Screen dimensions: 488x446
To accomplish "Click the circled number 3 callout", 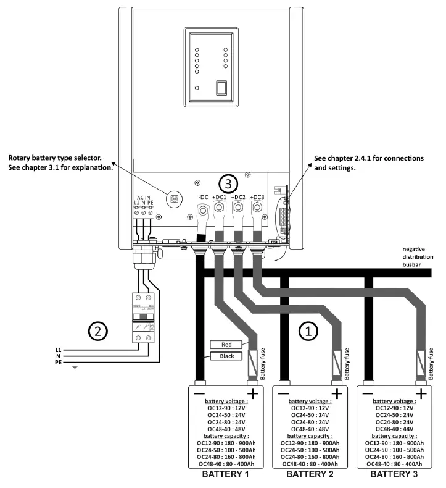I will coord(228,184).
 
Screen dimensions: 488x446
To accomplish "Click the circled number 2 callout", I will coord(97,330).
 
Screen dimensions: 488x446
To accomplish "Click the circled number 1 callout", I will coord(308,331).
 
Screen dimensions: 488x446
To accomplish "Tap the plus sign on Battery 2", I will coord(337,393).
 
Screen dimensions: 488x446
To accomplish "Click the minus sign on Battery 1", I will coord(199,393).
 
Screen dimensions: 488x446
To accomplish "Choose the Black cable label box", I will coord(225,356).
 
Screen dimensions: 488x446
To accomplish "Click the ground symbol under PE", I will coord(75,367).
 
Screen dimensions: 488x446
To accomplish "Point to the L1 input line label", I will coord(59,349).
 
